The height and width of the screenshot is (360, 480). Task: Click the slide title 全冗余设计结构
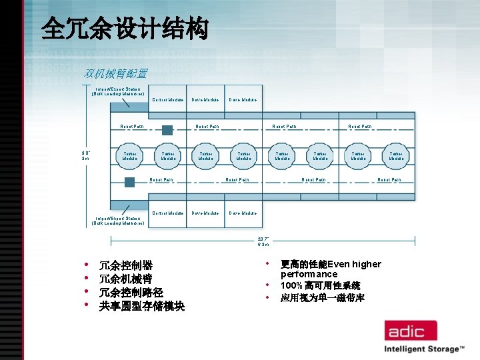pyautogui.click(x=124, y=29)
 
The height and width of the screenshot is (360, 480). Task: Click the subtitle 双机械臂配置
pyautogui.click(x=116, y=73)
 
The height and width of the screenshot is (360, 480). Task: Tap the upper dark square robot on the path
pyautogui.click(x=167, y=129)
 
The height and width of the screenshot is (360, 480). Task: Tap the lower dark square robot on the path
pyautogui.click(x=129, y=182)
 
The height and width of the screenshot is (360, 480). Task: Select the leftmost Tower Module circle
pyautogui.click(x=130, y=156)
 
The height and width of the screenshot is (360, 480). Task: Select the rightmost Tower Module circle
pyautogui.click(x=397, y=156)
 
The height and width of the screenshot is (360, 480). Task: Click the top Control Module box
pyautogui.click(x=168, y=100)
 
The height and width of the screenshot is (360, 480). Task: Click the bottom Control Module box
pyautogui.click(x=168, y=213)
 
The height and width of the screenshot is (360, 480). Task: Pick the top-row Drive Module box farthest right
pyautogui.click(x=243, y=100)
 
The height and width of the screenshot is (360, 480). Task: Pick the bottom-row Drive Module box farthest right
pyautogui.click(x=243, y=213)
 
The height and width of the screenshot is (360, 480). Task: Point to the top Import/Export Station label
pyautogui.click(x=118, y=91)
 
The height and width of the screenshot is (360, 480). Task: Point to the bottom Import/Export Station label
pyautogui.click(x=118, y=221)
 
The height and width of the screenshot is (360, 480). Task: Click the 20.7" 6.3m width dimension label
pyautogui.click(x=263, y=241)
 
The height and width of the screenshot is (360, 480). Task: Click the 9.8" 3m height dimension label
pyautogui.click(x=85, y=156)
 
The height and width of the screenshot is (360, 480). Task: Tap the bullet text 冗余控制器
pyautogui.click(x=126, y=265)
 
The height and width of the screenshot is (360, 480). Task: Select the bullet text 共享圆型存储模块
pyautogui.click(x=141, y=306)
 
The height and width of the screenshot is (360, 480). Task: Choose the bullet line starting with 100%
pyautogui.click(x=320, y=285)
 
